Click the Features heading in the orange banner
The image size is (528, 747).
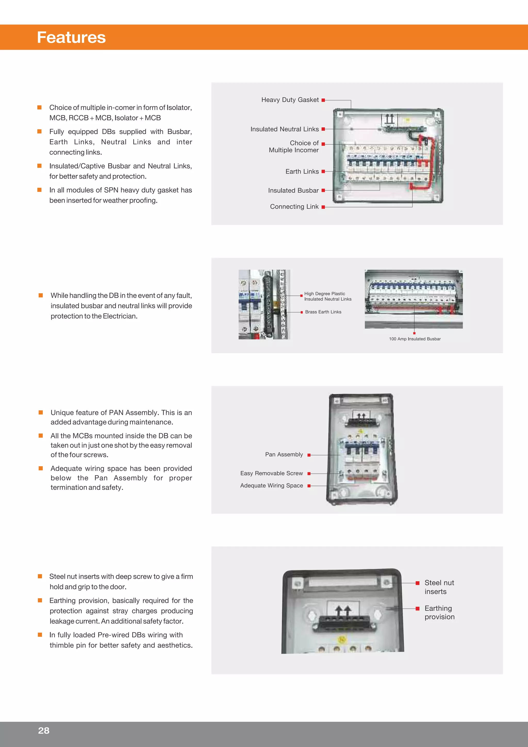pyautogui.click(x=71, y=37)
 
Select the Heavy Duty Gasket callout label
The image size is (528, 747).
pyautogui.click(x=290, y=100)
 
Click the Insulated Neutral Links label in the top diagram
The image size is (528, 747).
pyautogui.click(x=284, y=129)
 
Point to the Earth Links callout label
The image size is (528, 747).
pyautogui.click(x=302, y=171)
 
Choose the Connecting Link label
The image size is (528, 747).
pyautogui.click(x=294, y=207)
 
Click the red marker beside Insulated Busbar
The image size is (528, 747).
pyautogui.click(x=323, y=190)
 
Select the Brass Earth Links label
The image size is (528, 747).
pyautogui.click(x=323, y=312)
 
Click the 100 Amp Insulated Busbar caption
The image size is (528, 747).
pyautogui.click(x=415, y=339)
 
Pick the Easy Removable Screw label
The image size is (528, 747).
pyautogui.click(x=271, y=473)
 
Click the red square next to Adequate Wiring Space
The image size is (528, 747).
pyautogui.click(x=309, y=486)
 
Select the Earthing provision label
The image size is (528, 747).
pyautogui.click(x=439, y=612)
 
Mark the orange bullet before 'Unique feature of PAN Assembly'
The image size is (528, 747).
pyautogui.click(x=41, y=413)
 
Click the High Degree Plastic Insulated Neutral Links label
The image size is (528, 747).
pyautogui.click(x=328, y=296)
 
